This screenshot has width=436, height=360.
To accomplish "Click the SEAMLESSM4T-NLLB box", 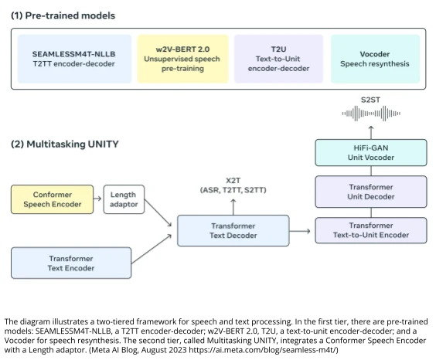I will point(73,59).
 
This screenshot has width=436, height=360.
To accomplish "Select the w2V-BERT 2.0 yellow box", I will point(182,59).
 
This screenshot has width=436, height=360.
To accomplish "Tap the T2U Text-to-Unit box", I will point(278,59).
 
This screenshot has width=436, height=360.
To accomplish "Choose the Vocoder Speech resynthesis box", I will point(375,59).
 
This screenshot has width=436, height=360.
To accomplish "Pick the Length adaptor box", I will point(123,199).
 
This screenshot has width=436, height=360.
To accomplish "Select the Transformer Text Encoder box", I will point(71,263).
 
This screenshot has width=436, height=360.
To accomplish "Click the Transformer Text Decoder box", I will point(233,230).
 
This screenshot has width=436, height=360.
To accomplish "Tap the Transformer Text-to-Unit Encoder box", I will point(370,230).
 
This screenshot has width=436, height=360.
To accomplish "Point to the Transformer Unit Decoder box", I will point(370,192).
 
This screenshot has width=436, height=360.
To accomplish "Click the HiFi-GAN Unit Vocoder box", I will point(370,152).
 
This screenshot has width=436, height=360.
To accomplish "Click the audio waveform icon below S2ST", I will point(371,114).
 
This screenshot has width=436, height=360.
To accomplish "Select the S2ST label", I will point(371,99).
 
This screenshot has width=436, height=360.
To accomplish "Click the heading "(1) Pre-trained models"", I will point(63,15).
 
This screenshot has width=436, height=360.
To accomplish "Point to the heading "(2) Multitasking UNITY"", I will point(65,144).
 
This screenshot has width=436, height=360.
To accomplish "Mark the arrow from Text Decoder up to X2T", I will point(233,205).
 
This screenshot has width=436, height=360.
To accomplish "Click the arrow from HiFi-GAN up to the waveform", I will point(371,131).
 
